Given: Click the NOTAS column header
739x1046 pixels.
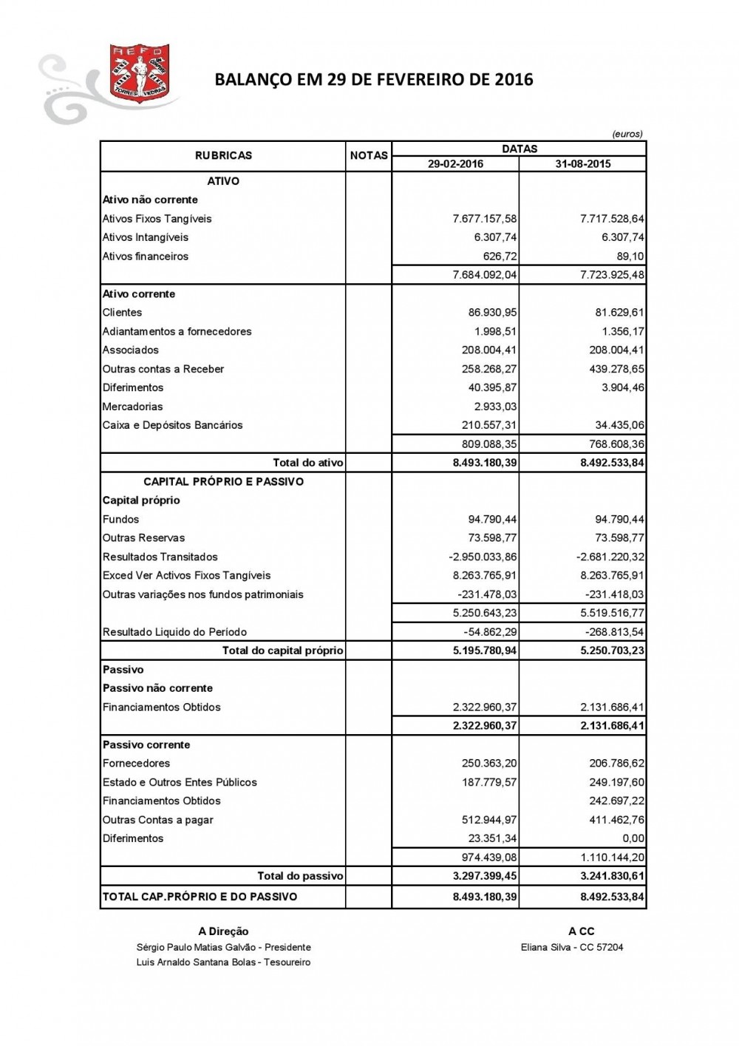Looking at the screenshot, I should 369,155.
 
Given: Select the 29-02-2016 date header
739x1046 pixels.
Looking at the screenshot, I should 455,164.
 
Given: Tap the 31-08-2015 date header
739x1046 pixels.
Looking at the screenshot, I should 583,164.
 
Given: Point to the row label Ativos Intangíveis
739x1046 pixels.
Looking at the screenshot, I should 146,237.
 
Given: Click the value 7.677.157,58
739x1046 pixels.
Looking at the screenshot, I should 485,219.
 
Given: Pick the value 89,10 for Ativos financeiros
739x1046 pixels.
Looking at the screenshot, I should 630,257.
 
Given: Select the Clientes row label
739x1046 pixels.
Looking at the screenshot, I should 122,313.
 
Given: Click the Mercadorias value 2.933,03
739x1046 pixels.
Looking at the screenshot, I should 495,407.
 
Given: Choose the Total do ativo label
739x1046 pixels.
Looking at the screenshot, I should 308,463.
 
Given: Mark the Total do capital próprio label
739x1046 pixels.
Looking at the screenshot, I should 283,651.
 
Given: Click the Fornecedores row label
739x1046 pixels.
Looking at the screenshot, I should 137,764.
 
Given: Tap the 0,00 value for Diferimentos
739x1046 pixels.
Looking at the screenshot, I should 633,838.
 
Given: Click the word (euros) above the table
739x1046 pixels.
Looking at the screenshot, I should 627,134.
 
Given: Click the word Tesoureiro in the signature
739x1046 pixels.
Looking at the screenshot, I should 287,962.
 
